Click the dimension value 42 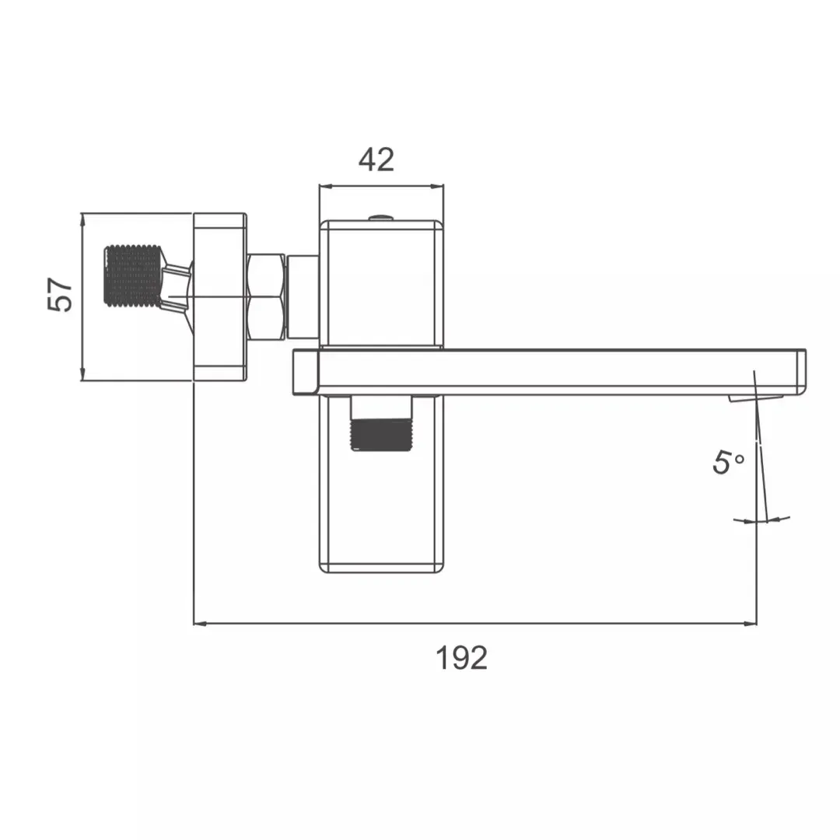pos(376,159)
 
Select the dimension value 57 pos(61,296)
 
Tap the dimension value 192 pos(461,658)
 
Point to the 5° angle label pos(728,463)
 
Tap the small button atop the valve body pos(380,217)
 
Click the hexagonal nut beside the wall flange pos(266,296)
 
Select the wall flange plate pos(220,296)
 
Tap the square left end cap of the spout pos(305,372)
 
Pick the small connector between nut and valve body pos(303,296)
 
